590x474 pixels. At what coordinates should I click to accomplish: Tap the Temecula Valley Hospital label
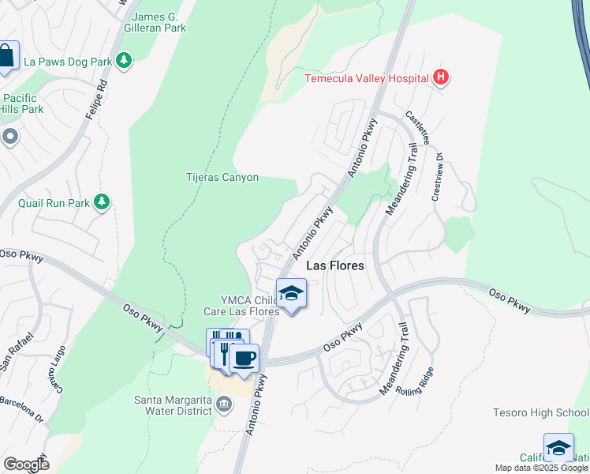click(367, 77)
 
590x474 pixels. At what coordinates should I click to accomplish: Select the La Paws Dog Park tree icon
click(123, 60)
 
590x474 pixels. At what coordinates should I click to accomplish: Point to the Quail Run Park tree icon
click(101, 203)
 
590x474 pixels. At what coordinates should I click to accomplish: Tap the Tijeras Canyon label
click(222, 178)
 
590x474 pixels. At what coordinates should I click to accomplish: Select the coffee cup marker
click(244, 358)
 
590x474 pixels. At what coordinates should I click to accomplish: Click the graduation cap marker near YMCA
click(291, 293)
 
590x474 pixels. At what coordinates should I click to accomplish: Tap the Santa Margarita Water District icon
click(224, 405)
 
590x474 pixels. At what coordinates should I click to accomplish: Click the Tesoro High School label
click(540, 412)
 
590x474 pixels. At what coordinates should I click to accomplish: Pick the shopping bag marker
click(6, 56)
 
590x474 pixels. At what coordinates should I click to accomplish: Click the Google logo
click(26, 465)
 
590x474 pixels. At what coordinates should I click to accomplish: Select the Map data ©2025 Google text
click(541, 468)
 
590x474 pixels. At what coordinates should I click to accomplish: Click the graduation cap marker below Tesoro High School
click(558, 447)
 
